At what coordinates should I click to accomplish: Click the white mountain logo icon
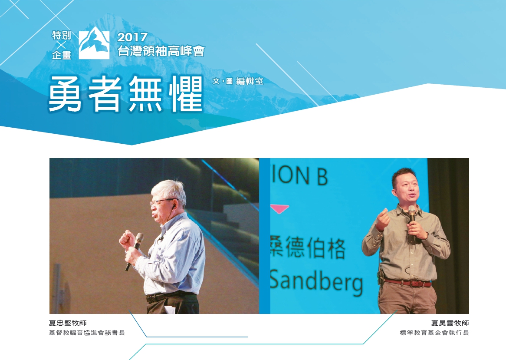coord(94,43)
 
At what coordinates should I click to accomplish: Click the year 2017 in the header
coord(132,37)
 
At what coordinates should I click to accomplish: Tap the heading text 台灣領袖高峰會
coord(161,51)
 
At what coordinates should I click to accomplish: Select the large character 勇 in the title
coord(65,94)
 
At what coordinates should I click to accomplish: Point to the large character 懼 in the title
coord(186,94)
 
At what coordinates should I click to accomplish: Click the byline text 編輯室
coord(250,81)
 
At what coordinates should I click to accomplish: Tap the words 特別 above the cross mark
coord(61,35)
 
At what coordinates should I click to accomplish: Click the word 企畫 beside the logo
coord(61,55)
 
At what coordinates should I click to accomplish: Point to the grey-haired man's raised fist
coord(127,240)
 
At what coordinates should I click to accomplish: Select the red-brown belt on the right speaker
coord(408,283)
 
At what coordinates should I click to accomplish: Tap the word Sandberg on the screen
coord(316,281)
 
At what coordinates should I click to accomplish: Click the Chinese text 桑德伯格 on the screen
coord(308,248)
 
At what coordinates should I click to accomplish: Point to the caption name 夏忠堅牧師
coord(68,323)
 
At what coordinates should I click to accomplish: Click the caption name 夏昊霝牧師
coord(450,323)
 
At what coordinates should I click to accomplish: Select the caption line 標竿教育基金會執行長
coord(434,333)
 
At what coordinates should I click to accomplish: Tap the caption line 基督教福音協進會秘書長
coord(87,333)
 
